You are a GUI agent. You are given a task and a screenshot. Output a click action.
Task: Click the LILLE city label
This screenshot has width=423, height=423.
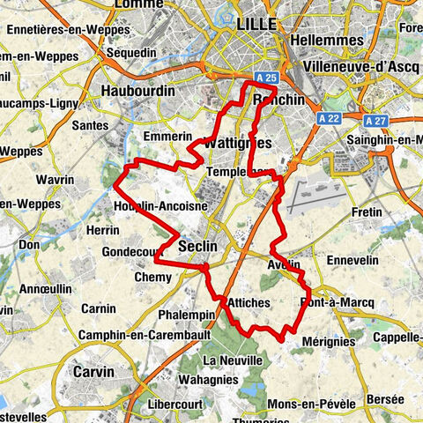[x=256, y=24]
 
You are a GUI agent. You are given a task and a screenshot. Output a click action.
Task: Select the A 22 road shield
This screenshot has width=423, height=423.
[x=330, y=118]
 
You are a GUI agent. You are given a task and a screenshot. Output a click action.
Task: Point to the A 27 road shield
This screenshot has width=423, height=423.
[x=375, y=119]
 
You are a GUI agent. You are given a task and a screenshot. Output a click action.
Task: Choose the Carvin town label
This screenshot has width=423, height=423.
[x=93, y=372]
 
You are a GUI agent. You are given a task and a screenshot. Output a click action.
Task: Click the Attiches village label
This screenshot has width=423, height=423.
[x=249, y=302]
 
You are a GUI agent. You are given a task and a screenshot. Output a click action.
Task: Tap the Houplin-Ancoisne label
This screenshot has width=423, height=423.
[x=160, y=206]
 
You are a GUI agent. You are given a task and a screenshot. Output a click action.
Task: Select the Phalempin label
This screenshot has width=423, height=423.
[x=188, y=315]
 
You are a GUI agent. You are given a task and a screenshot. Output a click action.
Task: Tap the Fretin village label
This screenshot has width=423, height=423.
[x=366, y=212]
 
